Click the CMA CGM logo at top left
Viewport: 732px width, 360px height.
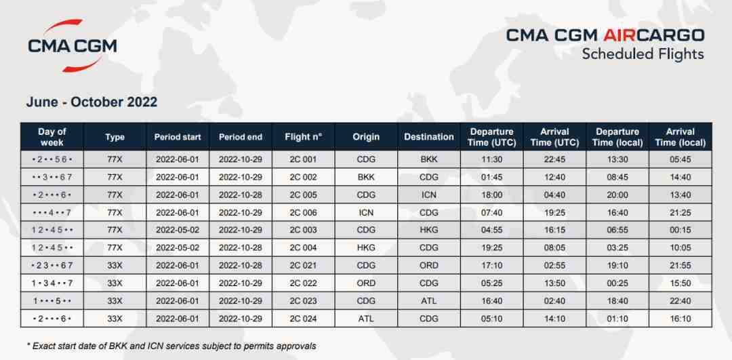coord(73,45)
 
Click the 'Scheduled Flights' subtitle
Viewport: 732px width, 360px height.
coord(643,54)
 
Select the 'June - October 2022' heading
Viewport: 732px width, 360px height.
coord(91,102)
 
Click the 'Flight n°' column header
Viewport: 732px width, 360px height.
coord(303,137)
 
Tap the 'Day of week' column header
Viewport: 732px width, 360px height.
coord(52,137)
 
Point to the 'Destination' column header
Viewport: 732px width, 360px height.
coord(428,137)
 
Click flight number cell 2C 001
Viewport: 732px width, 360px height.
coord(303,159)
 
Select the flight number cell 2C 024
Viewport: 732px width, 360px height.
coord(303,319)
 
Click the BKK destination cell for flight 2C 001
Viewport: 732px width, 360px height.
coord(428,159)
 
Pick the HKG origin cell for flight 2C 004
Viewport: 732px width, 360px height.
coord(366,248)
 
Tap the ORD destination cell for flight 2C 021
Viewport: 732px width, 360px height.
coord(428,266)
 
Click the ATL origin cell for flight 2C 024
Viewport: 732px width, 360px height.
coord(366,319)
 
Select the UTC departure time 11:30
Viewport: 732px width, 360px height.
coord(491,159)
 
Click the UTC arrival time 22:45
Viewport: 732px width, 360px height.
coord(554,159)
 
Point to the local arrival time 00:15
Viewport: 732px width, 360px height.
coord(680,231)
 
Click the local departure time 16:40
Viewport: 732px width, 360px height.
coord(617,212)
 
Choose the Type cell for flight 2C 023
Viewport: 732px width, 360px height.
coord(115,301)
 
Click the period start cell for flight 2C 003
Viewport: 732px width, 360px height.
coord(178,231)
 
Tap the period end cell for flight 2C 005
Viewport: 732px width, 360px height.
coord(241,195)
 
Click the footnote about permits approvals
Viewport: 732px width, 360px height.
coord(171,346)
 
